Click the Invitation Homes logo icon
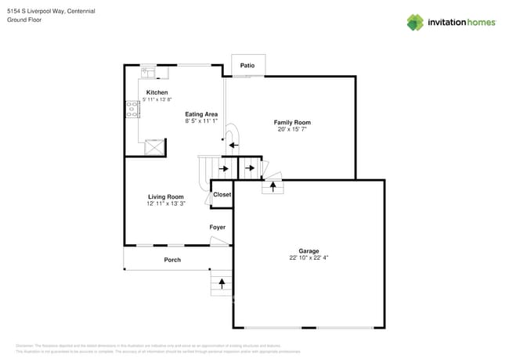click(x=415, y=22)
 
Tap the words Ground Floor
click(x=24, y=20)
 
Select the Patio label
click(x=247, y=66)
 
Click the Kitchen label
click(x=157, y=92)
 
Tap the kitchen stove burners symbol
click(x=132, y=110)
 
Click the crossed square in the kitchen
click(x=155, y=147)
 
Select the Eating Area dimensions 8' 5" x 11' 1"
click(x=200, y=121)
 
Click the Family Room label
click(x=292, y=122)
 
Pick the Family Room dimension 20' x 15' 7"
click(x=292, y=129)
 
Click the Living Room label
click(x=166, y=196)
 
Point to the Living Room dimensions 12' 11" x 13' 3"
click(x=166, y=203)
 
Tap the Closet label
click(x=222, y=195)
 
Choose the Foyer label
click(x=217, y=228)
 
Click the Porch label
click(x=172, y=260)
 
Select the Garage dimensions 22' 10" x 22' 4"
click(x=309, y=257)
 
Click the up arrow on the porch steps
click(x=222, y=283)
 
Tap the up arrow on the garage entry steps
click(x=273, y=186)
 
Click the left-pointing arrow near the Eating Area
click(x=233, y=144)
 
